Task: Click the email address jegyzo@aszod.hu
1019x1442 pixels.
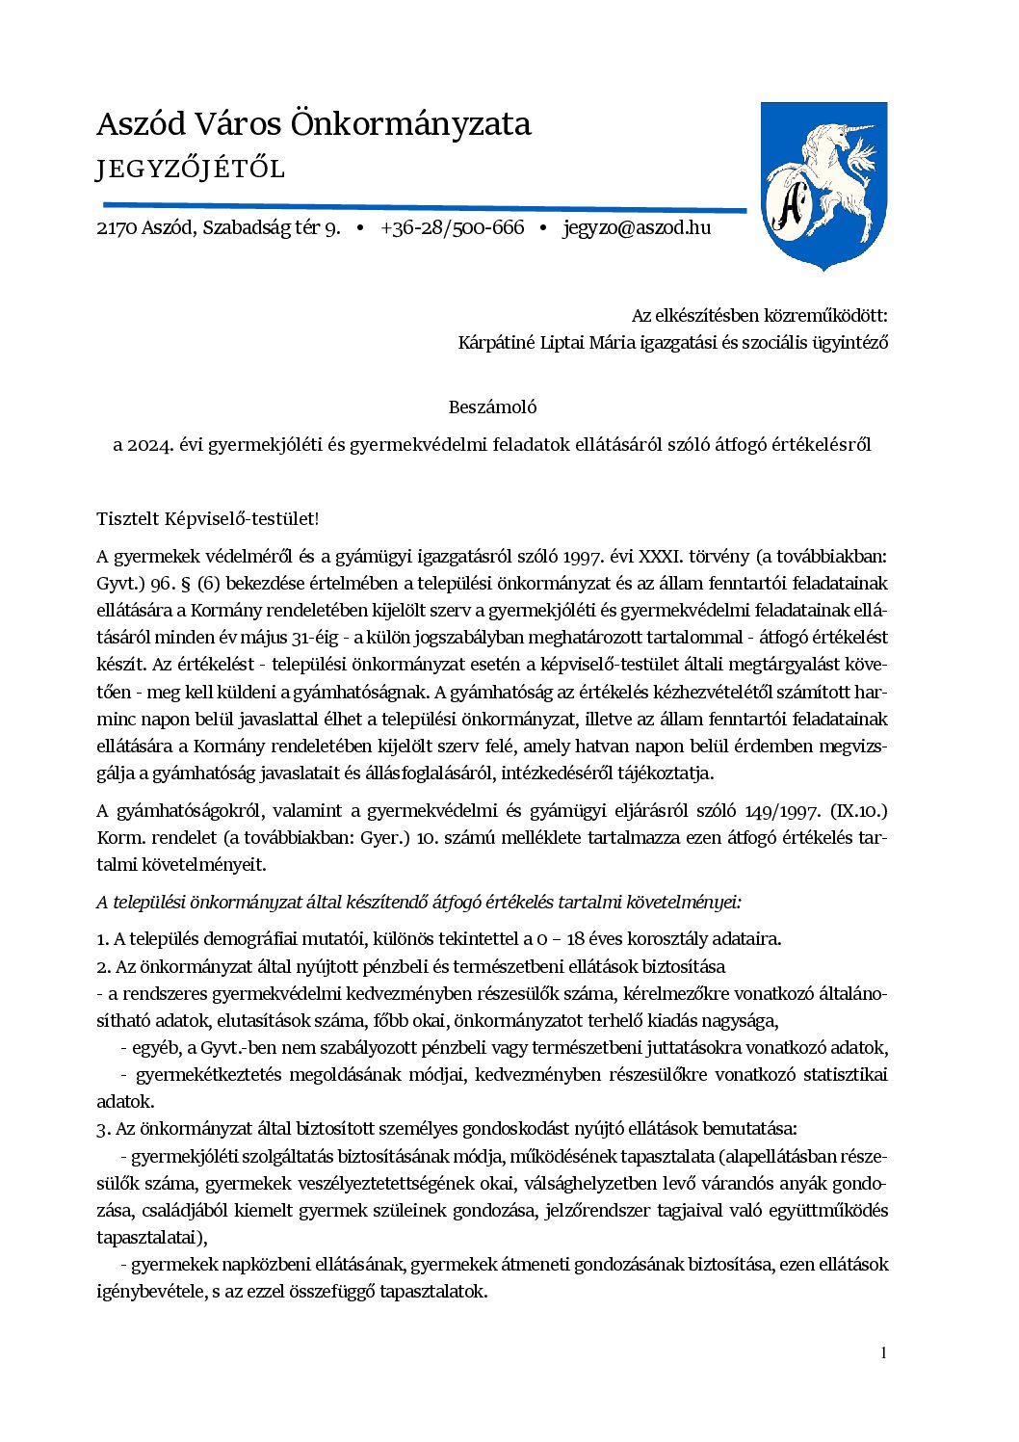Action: (637, 228)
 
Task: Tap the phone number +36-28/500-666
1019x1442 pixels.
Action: (452, 228)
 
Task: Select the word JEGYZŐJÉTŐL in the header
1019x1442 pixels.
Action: (191, 170)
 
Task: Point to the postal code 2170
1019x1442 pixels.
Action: (117, 228)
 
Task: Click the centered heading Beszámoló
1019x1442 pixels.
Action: (492, 406)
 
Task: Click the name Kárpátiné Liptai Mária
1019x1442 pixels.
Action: (546, 342)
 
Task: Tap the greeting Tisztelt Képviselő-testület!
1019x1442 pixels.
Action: (207, 519)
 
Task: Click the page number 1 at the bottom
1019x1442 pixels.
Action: (883, 1353)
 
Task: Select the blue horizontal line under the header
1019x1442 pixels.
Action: (424, 206)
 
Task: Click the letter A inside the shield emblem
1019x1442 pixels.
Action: (794, 204)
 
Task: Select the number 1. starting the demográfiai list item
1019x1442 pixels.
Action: (103, 939)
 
